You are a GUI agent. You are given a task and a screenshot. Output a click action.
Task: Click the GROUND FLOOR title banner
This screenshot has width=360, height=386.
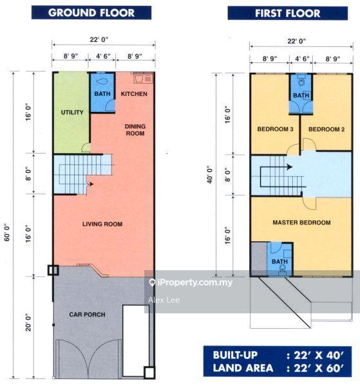pos(91,13)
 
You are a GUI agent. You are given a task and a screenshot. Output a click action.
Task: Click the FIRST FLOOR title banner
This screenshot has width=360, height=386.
pos(288,13)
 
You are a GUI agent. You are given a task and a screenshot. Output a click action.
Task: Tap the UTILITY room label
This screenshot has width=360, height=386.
pos(72,112)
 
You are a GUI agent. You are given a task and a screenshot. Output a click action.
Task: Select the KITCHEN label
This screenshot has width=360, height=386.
pos(134,94)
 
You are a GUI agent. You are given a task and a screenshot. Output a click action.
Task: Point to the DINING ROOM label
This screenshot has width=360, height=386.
pos(135,130)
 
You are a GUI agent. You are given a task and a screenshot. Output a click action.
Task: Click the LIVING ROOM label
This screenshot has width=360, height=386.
pos(102,224)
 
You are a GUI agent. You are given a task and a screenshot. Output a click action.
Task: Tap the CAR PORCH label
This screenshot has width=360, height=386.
pos(87,315)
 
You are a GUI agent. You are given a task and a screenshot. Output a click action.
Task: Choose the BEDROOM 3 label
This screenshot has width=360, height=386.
pos(275,129)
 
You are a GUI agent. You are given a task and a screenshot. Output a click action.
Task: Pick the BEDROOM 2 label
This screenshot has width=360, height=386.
pos(327,129)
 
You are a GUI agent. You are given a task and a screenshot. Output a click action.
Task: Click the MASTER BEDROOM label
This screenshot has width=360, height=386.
pos(301,223)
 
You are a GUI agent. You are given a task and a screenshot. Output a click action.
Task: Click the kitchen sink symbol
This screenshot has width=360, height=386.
pos(143,78)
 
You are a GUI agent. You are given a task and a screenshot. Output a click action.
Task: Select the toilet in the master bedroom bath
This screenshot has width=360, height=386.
pos(281,271)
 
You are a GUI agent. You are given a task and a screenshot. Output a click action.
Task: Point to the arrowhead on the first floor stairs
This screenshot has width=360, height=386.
pos(290,167)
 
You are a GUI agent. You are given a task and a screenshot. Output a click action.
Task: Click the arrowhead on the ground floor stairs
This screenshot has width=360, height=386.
pos(91,184)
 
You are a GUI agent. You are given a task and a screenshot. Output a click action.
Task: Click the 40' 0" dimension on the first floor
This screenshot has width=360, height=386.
pos(210,174)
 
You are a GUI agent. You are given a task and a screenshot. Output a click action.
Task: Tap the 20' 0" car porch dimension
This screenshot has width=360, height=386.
pos(28,322)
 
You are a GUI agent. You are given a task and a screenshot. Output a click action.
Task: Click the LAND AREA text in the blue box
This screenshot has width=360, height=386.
pos(243,368)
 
